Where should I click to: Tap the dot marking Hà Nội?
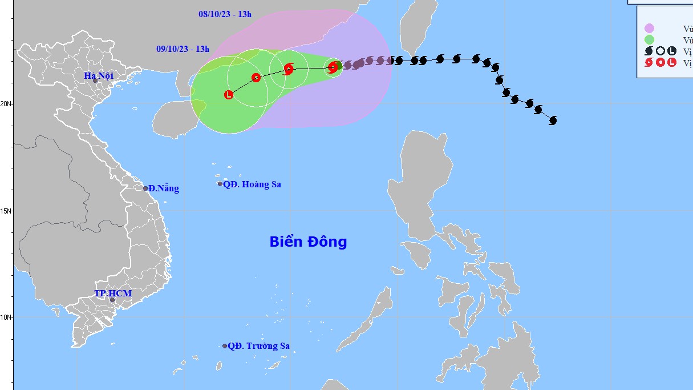(95, 81)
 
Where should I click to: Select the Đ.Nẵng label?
(164, 188)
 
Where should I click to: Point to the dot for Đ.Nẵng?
(145, 188)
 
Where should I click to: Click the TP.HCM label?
(113, 293)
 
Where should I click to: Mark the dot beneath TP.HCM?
(112, 300)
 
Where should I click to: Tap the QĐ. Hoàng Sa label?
(252, 184)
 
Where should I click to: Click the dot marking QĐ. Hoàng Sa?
(220, 184)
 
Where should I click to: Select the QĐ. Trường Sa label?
(258, 346)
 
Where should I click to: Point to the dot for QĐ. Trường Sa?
(225, 346)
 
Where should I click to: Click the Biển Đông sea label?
(308, 242)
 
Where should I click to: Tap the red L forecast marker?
(229, 95)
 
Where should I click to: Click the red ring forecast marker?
(256, 77)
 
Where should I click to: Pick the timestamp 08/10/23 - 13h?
(225, 14)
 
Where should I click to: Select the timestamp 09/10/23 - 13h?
(183, 49)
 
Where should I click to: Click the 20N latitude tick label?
(6, 104)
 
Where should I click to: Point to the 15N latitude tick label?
(6, 211)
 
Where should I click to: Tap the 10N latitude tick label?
(6, 317)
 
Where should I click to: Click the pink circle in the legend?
(649, 29)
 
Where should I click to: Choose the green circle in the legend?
(649, 40)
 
